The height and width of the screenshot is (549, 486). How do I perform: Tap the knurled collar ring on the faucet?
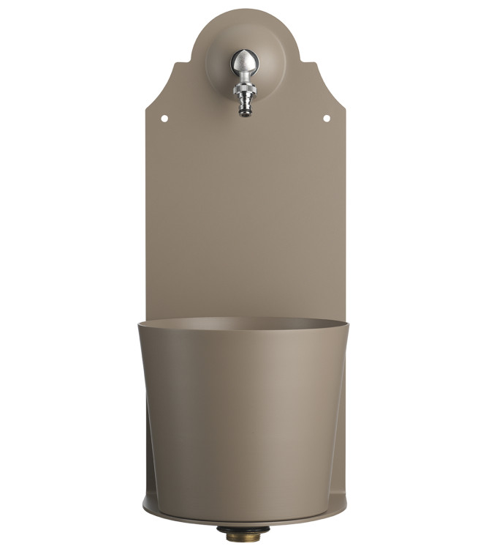[x=243, y=91]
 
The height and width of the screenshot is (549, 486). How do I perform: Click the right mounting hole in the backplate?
[x=326, y=118]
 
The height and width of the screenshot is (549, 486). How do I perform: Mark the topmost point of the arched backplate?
[x=243, y=9]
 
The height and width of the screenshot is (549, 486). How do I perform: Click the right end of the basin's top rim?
[x=348, y=323]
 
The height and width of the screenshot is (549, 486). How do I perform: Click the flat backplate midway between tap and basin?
[x=243, y=212]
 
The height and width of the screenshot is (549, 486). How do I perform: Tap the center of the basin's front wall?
[x=243, y=417]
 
